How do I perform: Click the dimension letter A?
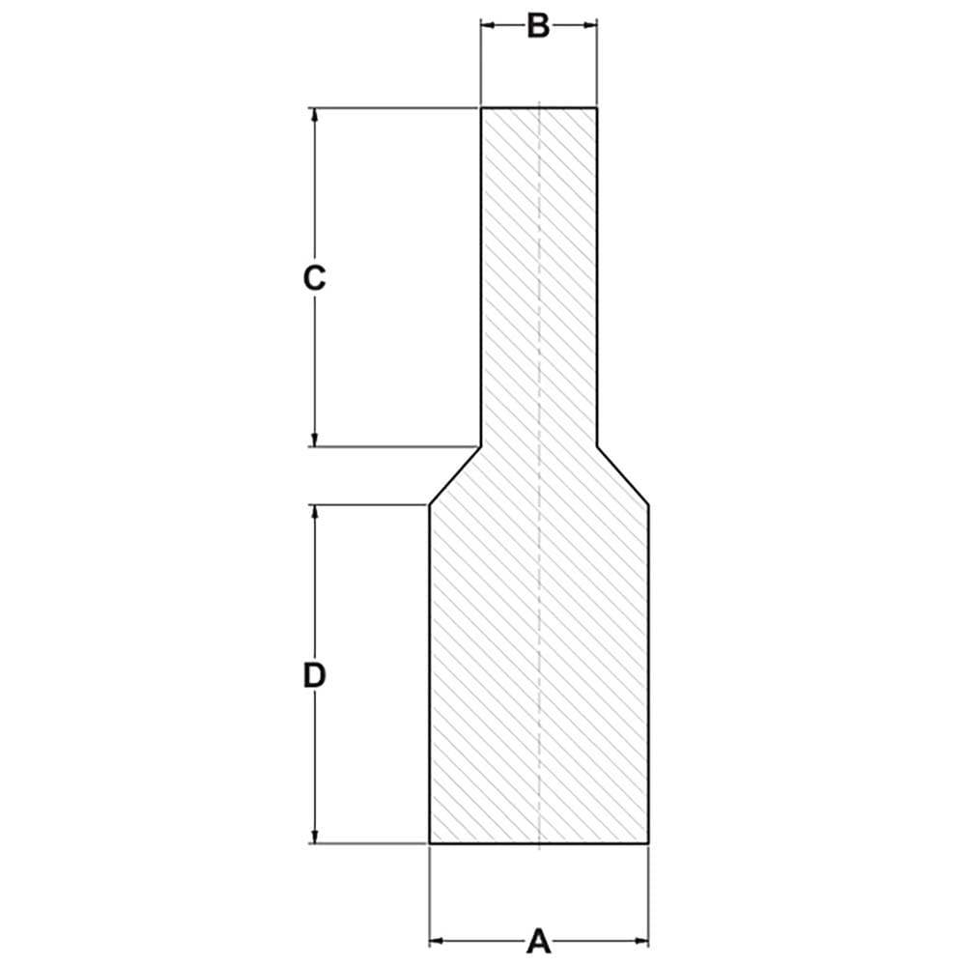pyautogui.click(x=538, y=941)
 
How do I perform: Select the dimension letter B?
pyautogui.click(x=538, y=26)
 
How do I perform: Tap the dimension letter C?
pyautogui.click(x=314, y=278)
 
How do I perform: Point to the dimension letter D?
pyautogui.click(x=314, y=676)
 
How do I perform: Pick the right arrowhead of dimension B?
pyautogui.click(x=590, y=25)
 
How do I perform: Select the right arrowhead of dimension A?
pyautogui.click(x=641, y=941)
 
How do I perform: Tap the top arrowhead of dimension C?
pyautogui.click(x=315, y=115)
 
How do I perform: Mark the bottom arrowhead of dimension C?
pyautogui.click(x=315, y=439)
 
